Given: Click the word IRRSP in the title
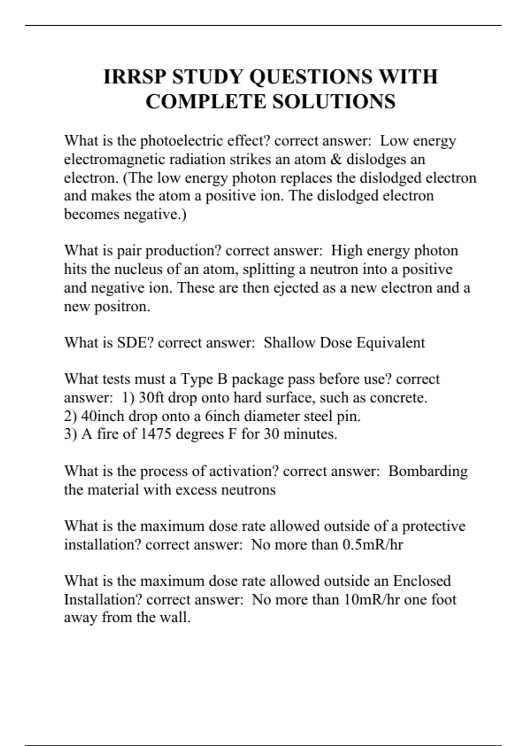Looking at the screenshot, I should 135,77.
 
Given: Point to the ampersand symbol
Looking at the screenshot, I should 336,159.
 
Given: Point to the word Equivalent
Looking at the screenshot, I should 390,342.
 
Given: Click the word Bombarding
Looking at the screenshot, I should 428,471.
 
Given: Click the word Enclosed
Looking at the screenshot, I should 422,581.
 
